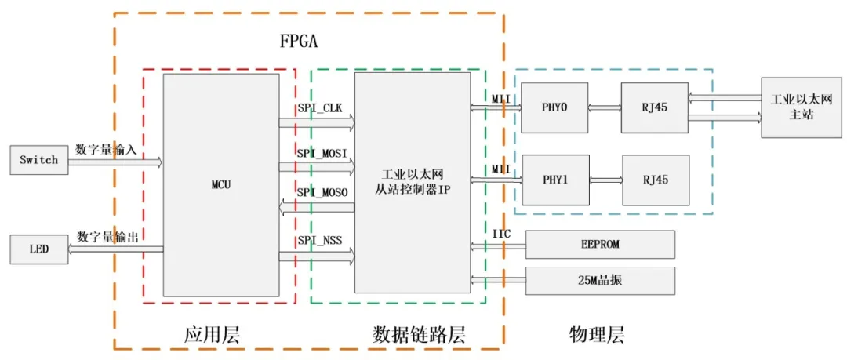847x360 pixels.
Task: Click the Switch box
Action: point(38,160)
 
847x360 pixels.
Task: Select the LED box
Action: point(38,249)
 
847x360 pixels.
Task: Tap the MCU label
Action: point(220,185)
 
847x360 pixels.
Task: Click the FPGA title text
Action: point(299,41)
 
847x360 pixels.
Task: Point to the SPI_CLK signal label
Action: point(320,108)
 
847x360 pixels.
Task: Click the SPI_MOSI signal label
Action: point(322,151)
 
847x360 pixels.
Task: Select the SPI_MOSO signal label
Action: point(322,192)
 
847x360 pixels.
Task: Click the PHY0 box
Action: point(554,107)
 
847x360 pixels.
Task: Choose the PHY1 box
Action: point(555,180)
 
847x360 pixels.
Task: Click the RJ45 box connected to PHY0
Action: point(654,107)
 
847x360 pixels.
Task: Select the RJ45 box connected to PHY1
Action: point(656,180)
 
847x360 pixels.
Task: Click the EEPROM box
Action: point(599,244)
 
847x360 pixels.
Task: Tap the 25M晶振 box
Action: point(599,281)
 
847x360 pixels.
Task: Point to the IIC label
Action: point(502,234)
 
